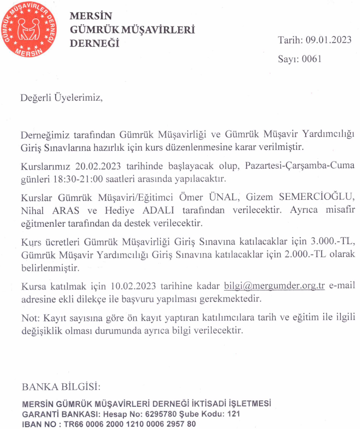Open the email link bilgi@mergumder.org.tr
[x=274, y=286]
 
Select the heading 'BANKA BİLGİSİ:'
[x=61, y=387]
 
